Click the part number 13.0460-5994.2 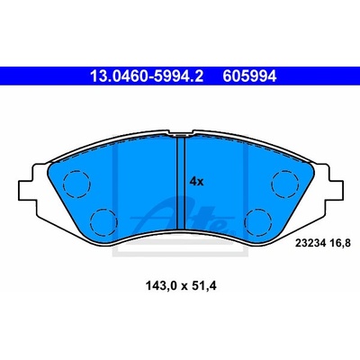(x=148, y=76)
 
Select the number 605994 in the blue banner (x=249, y=76)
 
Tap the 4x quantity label (x=196, y=182)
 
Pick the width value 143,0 (x=161, y=286)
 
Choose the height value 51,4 (x=204, y=286)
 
